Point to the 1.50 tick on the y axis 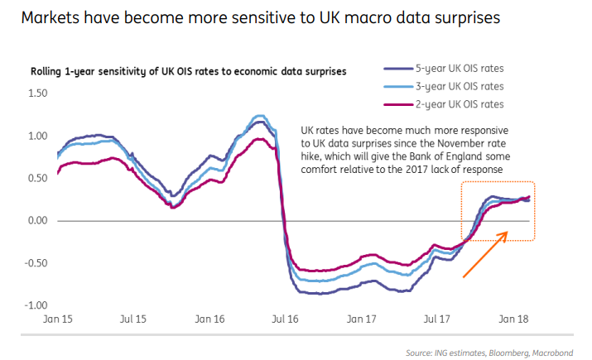tap(39, 93)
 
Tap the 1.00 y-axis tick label tap(39, 135)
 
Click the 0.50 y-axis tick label tap(39, 178)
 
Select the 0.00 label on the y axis tap(39, 220)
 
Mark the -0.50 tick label tap(37, 263)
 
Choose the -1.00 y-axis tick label tap(37, 305)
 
